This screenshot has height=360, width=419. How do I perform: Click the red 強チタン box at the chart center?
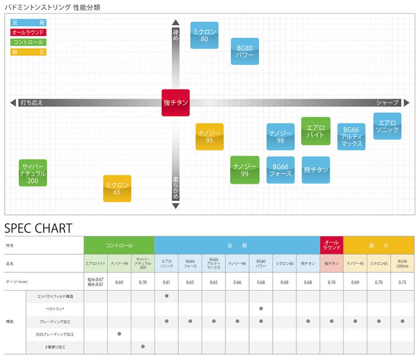coord(176,103)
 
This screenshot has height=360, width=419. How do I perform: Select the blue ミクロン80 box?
coord(205,35)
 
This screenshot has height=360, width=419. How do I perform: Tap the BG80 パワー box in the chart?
coord(245,51)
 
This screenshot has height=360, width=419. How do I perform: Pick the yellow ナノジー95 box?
coord(209,137)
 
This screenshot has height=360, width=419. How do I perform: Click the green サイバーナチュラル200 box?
coord(33,173)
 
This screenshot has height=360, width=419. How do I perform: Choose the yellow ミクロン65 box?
coord(117,188)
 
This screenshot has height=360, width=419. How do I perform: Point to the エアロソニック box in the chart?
coord(387,126)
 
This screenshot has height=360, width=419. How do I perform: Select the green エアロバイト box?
coord(315,131)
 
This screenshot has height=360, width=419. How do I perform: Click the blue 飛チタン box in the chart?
coord(315,170)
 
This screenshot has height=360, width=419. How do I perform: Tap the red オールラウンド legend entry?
coord(28,32)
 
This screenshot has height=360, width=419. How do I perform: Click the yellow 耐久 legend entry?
coord(28,52)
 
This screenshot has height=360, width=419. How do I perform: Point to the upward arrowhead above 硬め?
coord(176,22)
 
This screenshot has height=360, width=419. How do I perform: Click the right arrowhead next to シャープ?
coord(406,103)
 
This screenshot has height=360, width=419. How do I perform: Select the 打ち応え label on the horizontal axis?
coord(32,103)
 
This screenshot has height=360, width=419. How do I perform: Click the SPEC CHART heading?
coord(38,228)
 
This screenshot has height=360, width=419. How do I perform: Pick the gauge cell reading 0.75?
coord(402,282)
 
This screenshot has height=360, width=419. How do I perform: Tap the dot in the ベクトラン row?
coord(261,308)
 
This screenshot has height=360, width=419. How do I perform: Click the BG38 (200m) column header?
coord(402,263)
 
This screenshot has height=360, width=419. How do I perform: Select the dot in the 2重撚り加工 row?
coord(143,346)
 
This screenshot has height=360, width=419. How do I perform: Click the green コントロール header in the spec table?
coord(119,245)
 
